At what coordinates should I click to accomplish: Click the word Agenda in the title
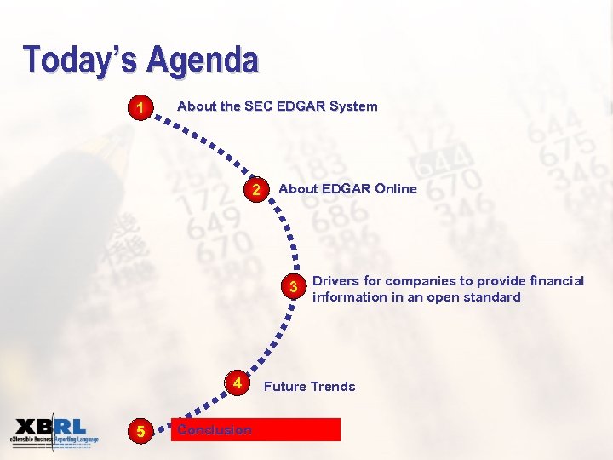pyautogui.click(x=202, y=60)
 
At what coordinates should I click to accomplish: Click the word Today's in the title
pyautogui.click(x=81, y=60)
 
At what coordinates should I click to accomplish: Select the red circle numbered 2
pyautogui.click(x=255, y=189)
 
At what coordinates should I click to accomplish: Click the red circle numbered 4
pyautogui.click(x=238, y=384)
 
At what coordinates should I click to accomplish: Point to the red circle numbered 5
pyautogui.click(x=140, y=431)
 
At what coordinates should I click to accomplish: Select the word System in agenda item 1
pyautogui.click(x=353, y=106)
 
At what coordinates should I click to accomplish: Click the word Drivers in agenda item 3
pyautogui.click(x=335, y=281)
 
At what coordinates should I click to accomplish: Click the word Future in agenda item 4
pyautogui.click(x=284, y=387)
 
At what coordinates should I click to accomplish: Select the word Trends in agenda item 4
pyautogui.click(x=333, y=387)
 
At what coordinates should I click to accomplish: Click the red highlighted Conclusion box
pyautogui.click(x=255, y=429)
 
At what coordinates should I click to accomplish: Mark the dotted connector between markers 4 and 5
pyautogui.click(x=192, y=412)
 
